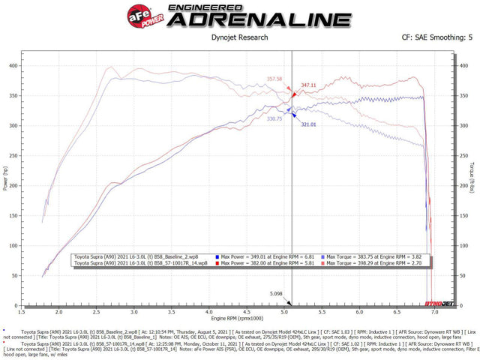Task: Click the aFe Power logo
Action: tap(144, 16)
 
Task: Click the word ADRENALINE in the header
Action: tap(259, 19)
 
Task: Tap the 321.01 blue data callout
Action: tap(309, 124)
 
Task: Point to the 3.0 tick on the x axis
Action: tap(133, 310)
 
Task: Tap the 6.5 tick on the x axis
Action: tap(397, 310)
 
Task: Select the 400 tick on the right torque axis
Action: tap(464, 65)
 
